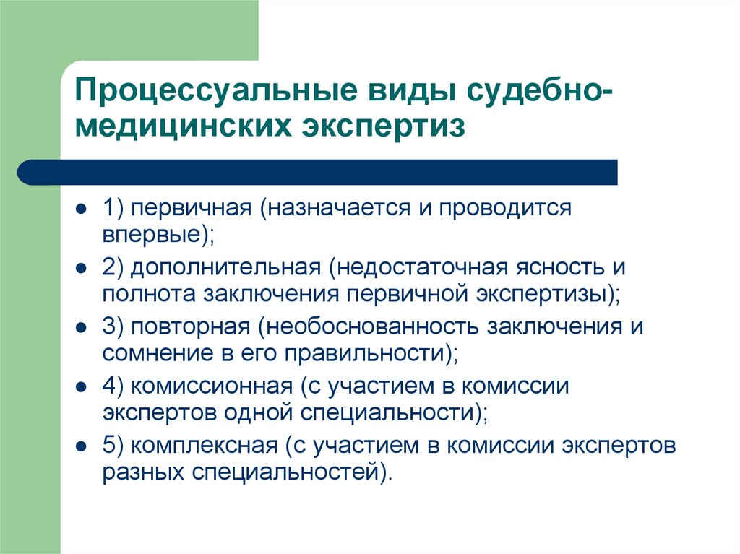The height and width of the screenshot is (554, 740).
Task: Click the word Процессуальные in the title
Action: pos(215,90)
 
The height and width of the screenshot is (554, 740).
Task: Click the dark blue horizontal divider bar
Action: pos(317,172)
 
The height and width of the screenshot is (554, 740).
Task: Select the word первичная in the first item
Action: pos(191,209)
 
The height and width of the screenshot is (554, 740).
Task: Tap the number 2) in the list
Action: pos(113,268)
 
